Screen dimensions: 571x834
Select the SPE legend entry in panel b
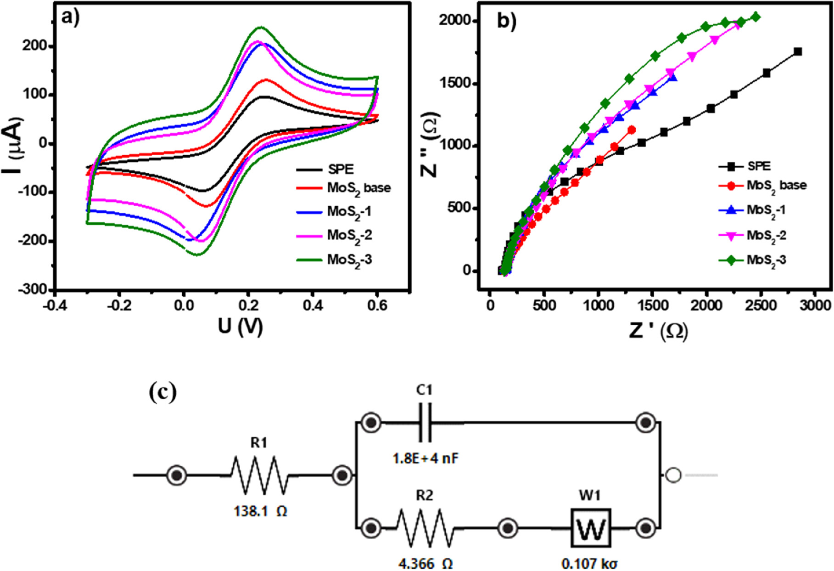pyautogui.click(x=759, y=166)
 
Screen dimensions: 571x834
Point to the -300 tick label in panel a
pyautogui.click(x=33, y=290)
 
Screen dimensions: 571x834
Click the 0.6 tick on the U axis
pyautogui.click(x=377, y=305)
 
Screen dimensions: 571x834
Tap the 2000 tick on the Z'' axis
pyautogui.click(x=455, y=21)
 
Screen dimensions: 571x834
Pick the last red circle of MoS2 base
pyautogui.click(x=632, y=130)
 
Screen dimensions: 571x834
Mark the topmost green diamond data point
pyautogui.click(x=756, y=17)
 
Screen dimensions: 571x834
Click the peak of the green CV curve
pyautogui.click(x=261, y=27)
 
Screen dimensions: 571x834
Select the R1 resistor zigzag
pyautogui.click(x=260, y=475)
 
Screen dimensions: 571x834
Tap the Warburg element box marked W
pyautogui.click(x=590, y=528)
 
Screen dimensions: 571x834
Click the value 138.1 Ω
pyautogui.click(x=261, y=511)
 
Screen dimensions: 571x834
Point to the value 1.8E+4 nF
pyautogui.click(x=425, y=458)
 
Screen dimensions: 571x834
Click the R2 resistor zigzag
pyautogui.click(x=425, y=528)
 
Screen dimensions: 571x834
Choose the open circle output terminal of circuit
pyautogui.click(x=673, y=475)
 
